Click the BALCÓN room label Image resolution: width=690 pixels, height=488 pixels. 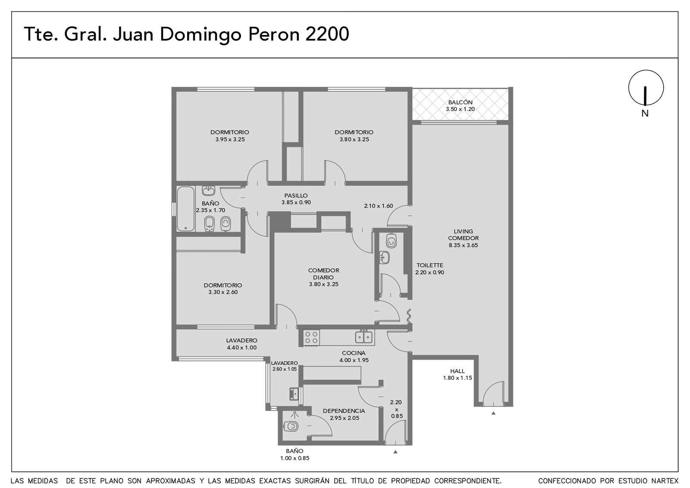tap(460, 102)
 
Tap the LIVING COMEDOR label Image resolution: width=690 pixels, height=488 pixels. tap(463, 235)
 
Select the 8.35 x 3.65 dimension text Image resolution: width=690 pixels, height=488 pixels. tap(463, 246)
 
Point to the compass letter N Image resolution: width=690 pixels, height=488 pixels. tap(645, 114)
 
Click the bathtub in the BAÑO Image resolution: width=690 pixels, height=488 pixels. tap(185, 209)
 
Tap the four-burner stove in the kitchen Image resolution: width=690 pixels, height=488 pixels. tap(311, 337)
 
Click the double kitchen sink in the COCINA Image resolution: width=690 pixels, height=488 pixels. tap(364, 337)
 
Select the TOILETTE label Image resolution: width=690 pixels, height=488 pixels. tap(430, 265)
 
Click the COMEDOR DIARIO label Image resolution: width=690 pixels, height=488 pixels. tap(323, 274)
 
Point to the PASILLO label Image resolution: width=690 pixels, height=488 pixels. tap(296, 196)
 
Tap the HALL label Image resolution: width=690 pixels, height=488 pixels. tap(458, 371)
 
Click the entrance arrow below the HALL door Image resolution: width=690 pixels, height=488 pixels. tap(493, 413)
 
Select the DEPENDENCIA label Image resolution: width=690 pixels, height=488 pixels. tap(344, 411)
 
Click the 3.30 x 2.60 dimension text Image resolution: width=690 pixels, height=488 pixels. tap(223, 292)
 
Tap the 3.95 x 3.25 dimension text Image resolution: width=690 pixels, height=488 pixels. tap(230, 139)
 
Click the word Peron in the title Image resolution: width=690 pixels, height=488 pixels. tap(273, 34)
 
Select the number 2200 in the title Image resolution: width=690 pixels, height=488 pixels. tap(327, 34)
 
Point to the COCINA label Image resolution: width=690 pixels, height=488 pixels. tap(354, 353)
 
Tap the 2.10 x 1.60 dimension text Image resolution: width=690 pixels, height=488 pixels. tap(378, 206)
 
